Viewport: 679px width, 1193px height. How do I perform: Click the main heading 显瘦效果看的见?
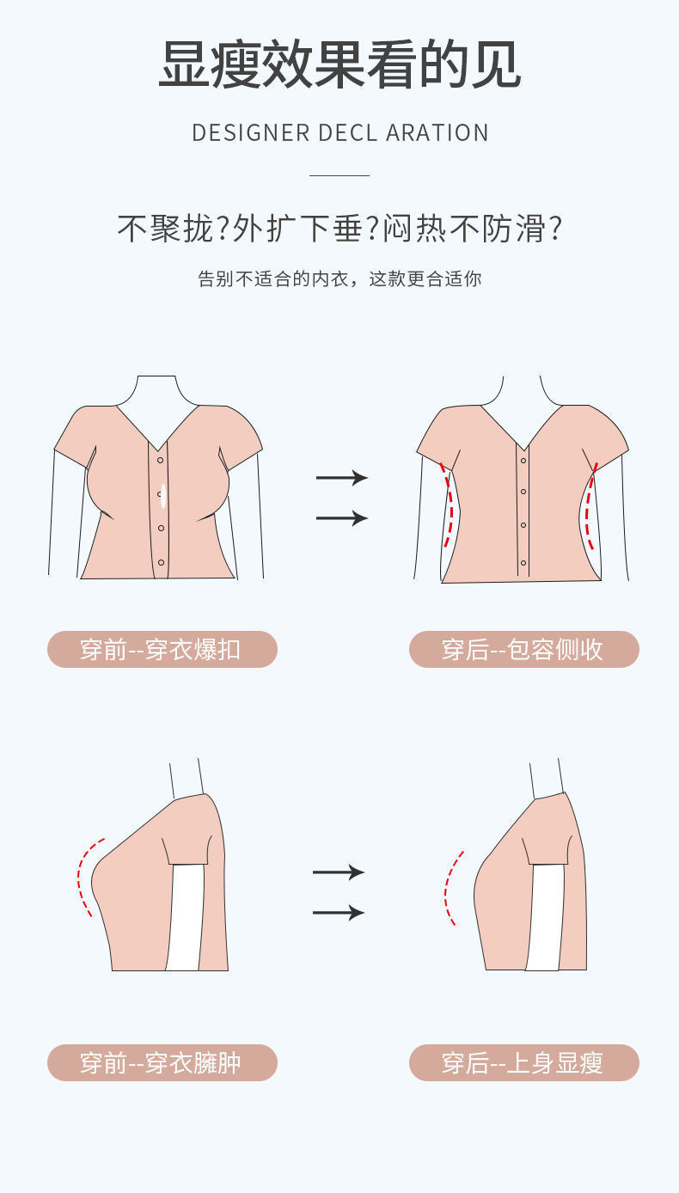pos(339,64)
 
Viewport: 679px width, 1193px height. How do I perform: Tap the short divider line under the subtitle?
pos(339,175)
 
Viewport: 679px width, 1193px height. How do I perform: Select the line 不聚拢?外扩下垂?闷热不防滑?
pos(339,229)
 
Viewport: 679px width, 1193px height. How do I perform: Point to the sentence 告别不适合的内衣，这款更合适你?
pos(339,279)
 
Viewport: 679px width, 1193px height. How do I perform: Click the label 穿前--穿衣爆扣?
pos(162,649)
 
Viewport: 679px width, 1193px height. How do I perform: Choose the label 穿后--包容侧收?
pos(523,649)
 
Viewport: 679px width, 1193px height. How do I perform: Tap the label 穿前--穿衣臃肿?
pos(162,1062)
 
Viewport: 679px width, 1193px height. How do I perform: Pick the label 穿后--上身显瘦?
pos(523,1062)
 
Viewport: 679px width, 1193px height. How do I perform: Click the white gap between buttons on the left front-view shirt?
pos(162,496)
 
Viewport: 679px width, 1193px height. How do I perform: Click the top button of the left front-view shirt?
pos(160,461)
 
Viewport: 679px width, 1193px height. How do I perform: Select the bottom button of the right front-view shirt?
pos(523,563)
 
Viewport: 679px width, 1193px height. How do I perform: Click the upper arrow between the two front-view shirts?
pos(341,478)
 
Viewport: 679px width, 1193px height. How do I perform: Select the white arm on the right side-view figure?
pos(543,917)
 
